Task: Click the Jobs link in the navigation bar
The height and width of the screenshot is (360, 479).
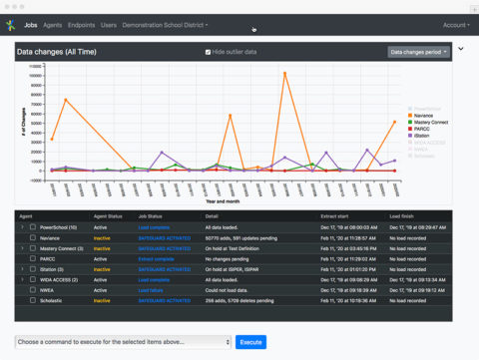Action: tap(32, 24)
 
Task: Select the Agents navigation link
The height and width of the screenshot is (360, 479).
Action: tap(53, 24)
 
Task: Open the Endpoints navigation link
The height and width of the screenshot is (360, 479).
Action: tap(82, 24)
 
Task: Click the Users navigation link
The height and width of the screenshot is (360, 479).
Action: tap(109, 24)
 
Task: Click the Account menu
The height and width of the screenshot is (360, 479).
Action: tap(456, 24)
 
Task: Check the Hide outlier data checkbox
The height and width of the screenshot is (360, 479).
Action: tap(208, 51)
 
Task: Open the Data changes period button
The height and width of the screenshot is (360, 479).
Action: tap(418, 51)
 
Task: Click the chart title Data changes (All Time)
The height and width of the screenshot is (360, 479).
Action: tap(57, 51)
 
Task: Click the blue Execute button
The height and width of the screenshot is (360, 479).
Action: tap(250, 342)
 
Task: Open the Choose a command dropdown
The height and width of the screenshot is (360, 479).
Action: tap(122, 342)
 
